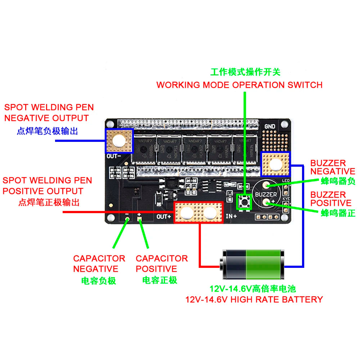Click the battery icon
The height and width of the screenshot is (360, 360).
coord(253,265)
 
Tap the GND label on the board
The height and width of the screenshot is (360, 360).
coord(269,126)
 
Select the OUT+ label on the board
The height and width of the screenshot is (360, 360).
coord(164,217)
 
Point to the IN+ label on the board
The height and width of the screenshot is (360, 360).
coord(231,217)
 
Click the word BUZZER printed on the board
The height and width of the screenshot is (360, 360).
coord(266,194)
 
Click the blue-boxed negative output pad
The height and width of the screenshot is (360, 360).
coord(119,140)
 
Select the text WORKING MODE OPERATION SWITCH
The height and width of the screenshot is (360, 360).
coord(239,85)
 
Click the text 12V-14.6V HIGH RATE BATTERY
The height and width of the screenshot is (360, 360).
coord(254,299)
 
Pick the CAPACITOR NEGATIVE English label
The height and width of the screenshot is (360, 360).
coord(99,264)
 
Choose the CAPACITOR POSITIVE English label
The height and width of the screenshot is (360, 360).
coord(162,264)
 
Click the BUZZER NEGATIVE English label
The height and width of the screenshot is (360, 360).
coord(333,167)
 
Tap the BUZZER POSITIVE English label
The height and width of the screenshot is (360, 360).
coord(330,199)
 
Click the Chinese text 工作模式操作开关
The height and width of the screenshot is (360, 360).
coord(245,72)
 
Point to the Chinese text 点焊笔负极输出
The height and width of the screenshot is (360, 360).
coord(47,131)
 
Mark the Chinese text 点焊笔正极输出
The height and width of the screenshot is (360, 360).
coord(49,202)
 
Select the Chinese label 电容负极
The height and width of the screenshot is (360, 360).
coord(99,280)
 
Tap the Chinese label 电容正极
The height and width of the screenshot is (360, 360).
coord(160,280)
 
